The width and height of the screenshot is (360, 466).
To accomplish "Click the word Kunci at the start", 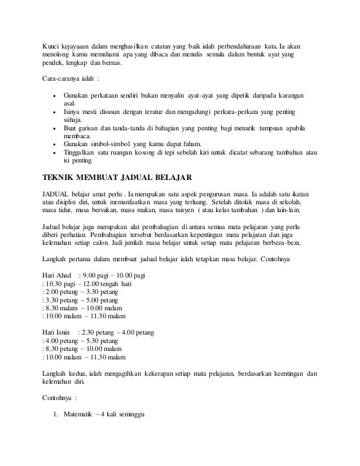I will (52, 45).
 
